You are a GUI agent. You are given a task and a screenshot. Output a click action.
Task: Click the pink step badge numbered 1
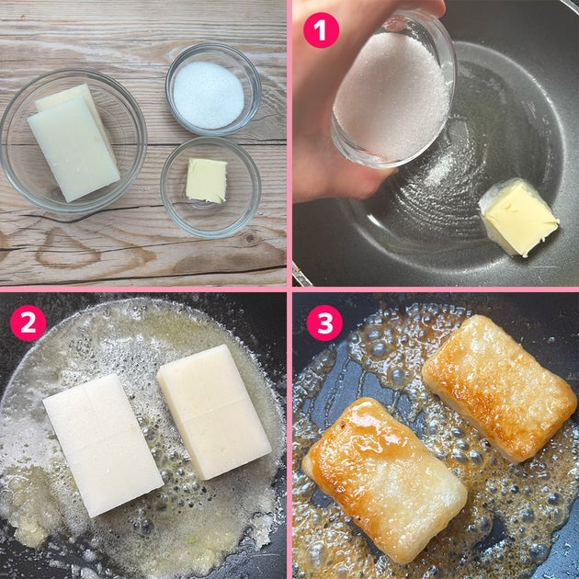[321, 30]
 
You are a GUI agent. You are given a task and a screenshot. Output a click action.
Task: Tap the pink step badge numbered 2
[28, 323]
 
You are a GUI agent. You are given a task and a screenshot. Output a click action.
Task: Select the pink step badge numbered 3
[325, 323]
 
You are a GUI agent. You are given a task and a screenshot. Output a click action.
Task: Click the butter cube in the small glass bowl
[206, 180]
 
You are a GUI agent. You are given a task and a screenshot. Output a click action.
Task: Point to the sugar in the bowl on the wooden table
[209, 95]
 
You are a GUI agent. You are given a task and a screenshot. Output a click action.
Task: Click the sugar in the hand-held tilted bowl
[392, 97]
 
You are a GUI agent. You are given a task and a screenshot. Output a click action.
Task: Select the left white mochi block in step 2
[103, 445]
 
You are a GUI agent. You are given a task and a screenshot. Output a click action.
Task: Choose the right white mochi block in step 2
[214, 412]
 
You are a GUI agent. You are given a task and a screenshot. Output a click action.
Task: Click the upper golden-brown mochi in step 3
[498, 388]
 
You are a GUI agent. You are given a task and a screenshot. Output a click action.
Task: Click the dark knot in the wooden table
[250, 238]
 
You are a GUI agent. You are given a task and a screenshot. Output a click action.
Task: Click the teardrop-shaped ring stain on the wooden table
[66, 248]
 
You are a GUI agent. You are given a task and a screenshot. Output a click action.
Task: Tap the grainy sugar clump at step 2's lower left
[29, 505]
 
